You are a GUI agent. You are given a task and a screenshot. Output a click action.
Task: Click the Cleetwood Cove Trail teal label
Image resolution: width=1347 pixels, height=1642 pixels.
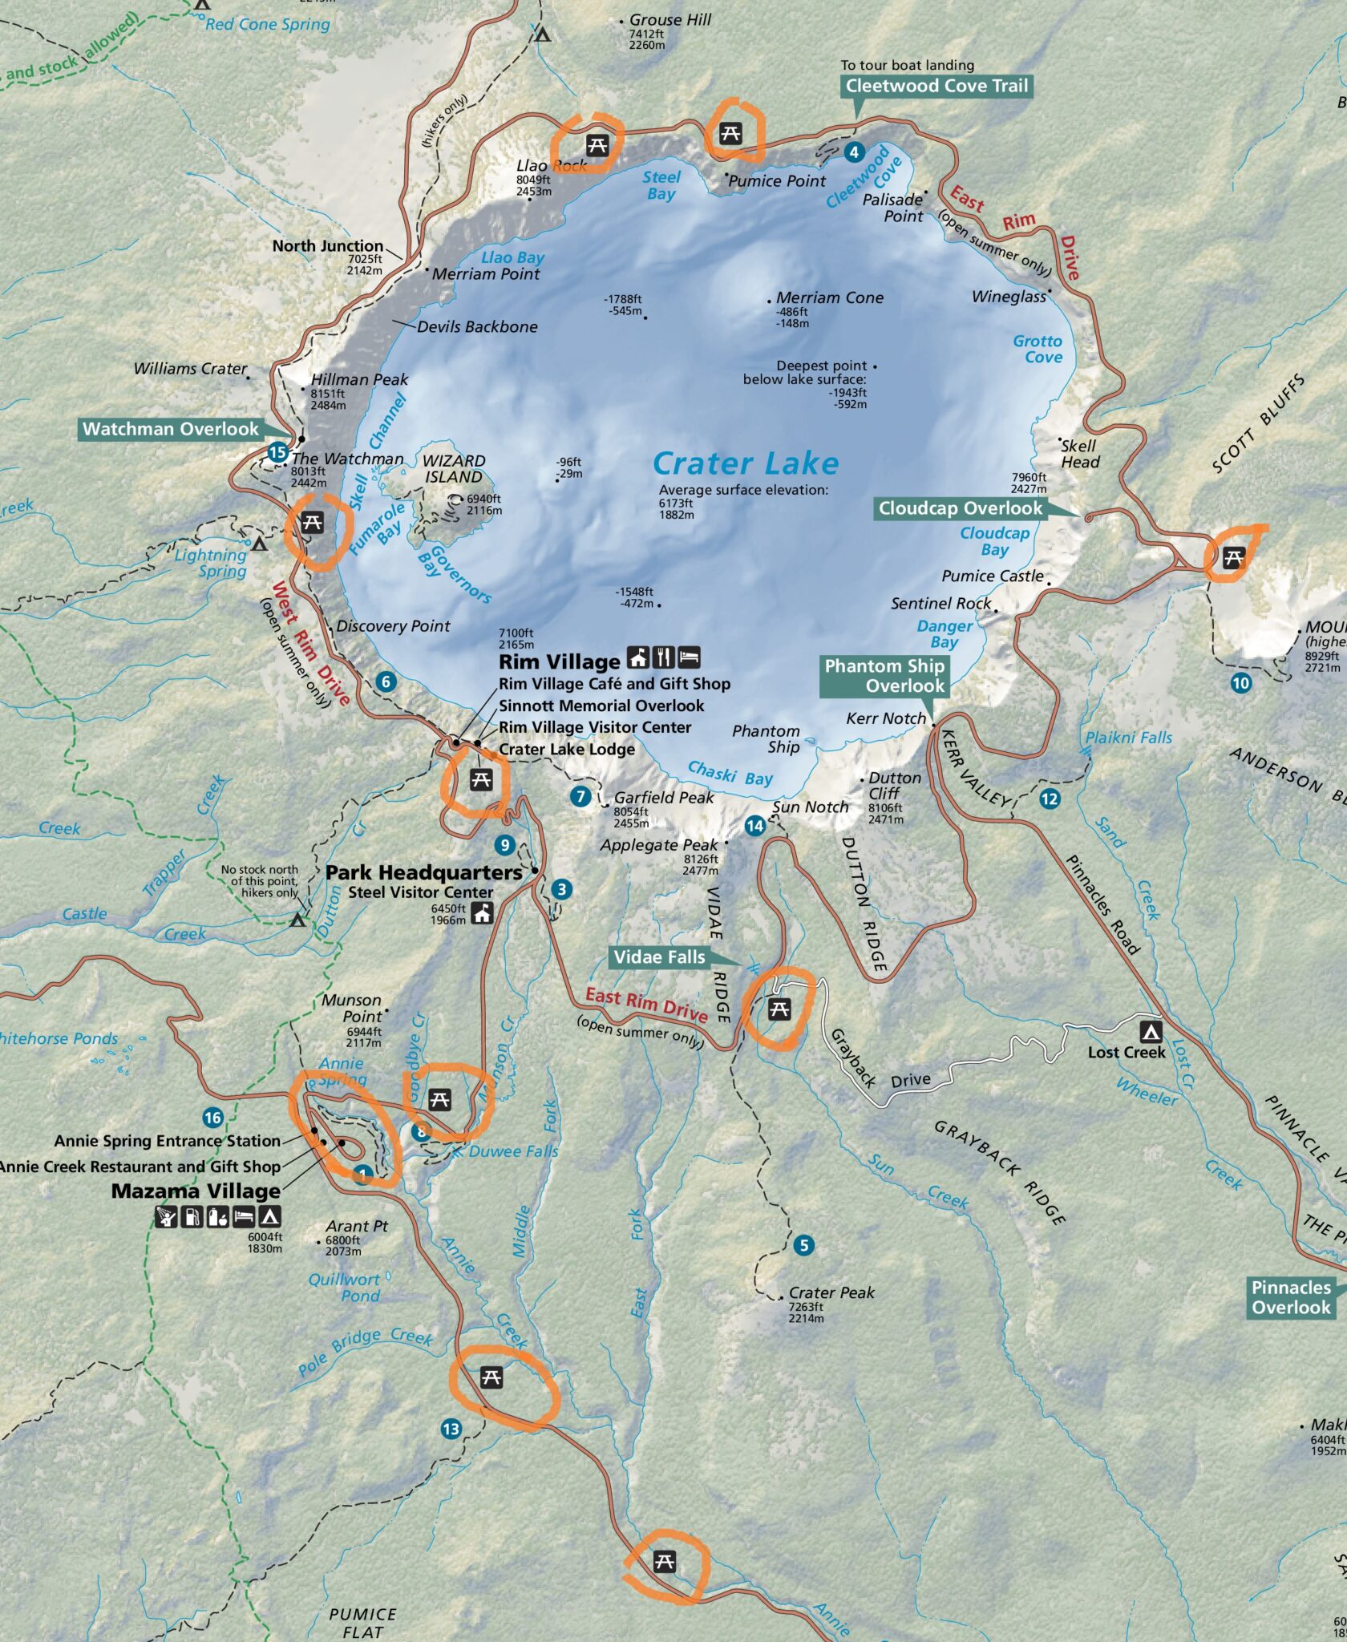coord(936,86)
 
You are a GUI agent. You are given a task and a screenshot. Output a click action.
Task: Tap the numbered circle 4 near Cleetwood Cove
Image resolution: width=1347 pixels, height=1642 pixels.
coord(854,152)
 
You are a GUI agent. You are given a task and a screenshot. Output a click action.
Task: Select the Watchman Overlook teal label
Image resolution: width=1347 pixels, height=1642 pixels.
coord(171,429)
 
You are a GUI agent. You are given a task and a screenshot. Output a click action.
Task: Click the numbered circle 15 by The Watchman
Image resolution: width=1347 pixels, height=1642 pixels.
coord(277,452)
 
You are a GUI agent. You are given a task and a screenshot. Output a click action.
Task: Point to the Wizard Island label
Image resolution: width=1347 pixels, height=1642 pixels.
coord(454,469)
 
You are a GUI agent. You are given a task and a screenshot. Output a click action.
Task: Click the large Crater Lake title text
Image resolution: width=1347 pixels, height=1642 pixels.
coord(746,463)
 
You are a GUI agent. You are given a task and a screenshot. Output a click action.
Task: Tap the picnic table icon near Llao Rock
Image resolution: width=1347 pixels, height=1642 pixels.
coord(597,145)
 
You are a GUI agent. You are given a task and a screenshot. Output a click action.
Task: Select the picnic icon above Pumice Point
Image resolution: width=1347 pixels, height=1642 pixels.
coord(730,133)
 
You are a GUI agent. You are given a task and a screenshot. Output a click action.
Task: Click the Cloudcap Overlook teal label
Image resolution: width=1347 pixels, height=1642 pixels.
coord(960,508)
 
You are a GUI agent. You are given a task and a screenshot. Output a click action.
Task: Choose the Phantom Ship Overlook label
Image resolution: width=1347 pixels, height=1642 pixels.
coord(884,676)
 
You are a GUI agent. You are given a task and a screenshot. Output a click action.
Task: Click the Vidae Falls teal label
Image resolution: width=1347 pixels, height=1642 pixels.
coord(659,956)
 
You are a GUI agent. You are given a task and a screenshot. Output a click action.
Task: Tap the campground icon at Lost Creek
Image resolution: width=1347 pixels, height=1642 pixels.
coord(1151,1031)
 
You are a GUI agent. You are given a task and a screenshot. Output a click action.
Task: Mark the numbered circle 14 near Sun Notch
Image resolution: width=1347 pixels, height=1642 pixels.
coord(754,826)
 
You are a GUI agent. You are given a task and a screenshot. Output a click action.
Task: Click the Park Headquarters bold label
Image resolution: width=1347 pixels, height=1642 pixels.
coord(423,872)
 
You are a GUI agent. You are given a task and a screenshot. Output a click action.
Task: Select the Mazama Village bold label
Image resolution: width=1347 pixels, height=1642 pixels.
coord(196,1191)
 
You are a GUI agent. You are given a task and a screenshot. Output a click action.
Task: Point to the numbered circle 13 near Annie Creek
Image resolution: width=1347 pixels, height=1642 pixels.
coord(451,1429)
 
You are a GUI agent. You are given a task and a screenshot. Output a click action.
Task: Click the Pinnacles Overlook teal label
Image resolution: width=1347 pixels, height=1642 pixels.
coord(1291,1297)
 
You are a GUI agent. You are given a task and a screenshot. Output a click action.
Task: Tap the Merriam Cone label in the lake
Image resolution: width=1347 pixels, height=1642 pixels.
coord(829,297)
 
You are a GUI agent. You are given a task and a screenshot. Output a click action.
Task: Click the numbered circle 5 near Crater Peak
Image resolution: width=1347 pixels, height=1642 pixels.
coord(803,1245)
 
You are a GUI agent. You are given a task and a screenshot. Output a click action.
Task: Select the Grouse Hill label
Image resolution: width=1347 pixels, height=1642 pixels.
coord(669,20)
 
